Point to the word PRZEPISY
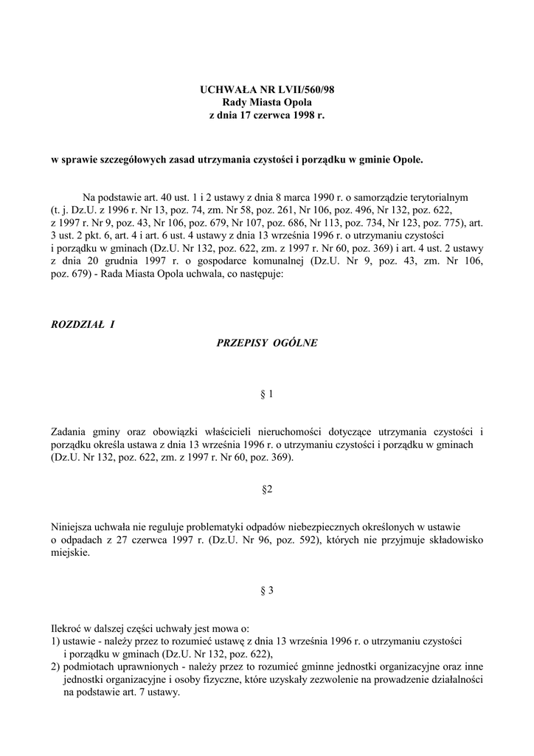tap(241, 343)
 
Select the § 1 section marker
tap(267, 394)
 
